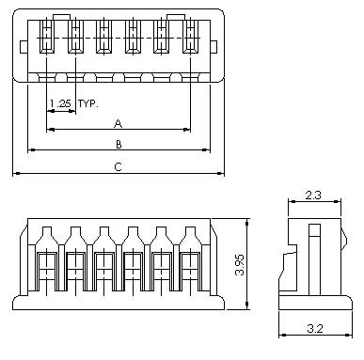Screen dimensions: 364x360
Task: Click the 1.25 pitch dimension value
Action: pos(60,103)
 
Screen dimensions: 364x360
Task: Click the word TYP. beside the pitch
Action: pos(88,103)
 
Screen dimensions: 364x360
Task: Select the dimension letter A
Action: pos(118,123)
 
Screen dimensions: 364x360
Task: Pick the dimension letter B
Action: pos(119,145)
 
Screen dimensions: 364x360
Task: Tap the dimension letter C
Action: pos(118,166)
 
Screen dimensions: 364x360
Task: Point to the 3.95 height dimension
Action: pos(240,264)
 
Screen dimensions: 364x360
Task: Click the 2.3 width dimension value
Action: pos(313,196)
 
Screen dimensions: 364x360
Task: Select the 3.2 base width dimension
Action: pos(315,328)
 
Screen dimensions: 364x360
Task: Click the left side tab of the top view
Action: pos(24,47)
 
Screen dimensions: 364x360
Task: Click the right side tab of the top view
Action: pos(214,47)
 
